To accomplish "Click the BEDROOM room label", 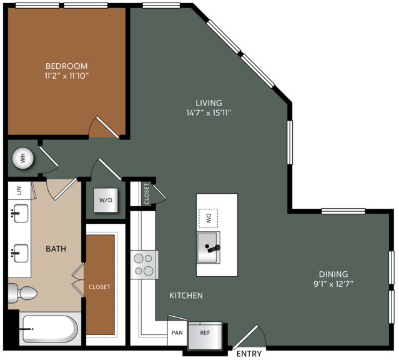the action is (x=67, y=66).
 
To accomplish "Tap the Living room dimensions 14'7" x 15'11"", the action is (x=209, y=112).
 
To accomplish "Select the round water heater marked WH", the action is (x=23, y=158).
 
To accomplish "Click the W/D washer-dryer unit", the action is (x=106, y=200).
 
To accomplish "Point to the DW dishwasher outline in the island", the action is (x=208, y=218).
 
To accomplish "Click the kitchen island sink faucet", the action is (x=213, y=248).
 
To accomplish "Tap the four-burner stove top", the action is (x=144, y=265).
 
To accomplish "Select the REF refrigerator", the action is (x=205, y=336).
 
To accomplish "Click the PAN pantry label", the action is (x=177, y=332).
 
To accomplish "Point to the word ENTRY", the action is (x=249, y=354).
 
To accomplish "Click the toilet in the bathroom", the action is (x=22, y=293).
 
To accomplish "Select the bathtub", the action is (x=50, y=329).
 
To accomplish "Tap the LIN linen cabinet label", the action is (x=19, y=191).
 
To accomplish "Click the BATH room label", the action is (x=56, y=249).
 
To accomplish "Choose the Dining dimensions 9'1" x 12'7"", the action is (x=333, y=284).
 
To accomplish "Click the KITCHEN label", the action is (x=186, y=296).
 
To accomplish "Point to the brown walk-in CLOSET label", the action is (x=99, y=287).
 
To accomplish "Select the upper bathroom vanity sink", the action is (x=19, y=213).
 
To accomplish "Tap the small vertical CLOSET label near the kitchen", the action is (x=147, y=194).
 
